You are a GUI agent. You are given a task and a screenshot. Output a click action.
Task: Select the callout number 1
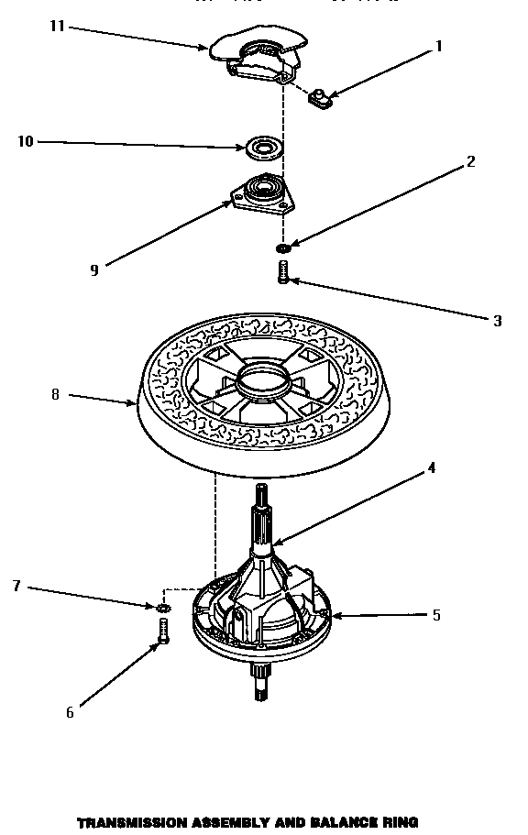click(438, 46)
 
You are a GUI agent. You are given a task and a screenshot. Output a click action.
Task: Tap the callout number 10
click(25, 141)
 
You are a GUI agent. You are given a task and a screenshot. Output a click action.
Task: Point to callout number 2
click(470, 162)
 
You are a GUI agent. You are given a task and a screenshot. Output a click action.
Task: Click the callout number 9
click(93, 269)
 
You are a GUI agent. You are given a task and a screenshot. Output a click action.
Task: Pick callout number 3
click(497, 320)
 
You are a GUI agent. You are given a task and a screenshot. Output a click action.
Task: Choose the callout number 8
click(55, 395)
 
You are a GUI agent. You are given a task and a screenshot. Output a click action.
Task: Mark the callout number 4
click(431, 468)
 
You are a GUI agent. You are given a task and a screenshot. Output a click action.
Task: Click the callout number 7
click(16, 586)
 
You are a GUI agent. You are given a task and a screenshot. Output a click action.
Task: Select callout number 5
click(436, 615)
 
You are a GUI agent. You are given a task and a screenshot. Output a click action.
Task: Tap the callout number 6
click(70, 713)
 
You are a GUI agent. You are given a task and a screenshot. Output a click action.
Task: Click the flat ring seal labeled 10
click(262, 146)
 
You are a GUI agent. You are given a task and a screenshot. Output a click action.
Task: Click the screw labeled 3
click(284, 271)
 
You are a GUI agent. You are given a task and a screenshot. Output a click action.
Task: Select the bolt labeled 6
click(164, 632)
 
